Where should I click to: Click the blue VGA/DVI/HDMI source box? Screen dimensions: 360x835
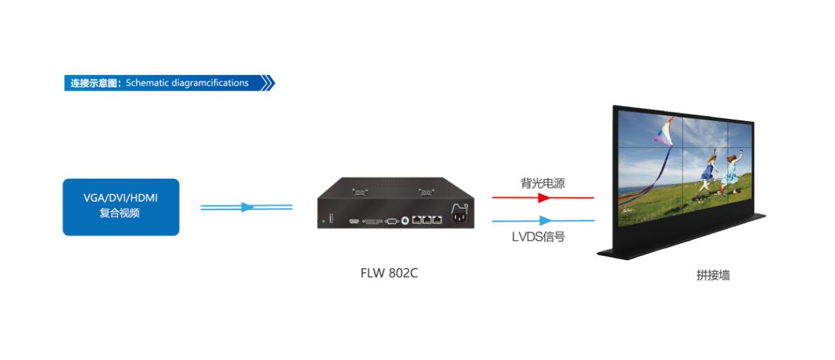pyautogui.click(x=121, y=207)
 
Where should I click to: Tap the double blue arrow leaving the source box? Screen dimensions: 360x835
pyautogui.click(x=247, y=207)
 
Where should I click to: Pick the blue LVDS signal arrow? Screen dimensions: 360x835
pyautogui.click(x=543, y=220)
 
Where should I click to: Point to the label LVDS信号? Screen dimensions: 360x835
pyautogui.click(x=538, y=236)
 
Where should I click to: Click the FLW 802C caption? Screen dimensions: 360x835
pyautogui.click(x=389, y=274)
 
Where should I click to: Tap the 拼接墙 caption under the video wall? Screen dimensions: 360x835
pyautogui.click(x=713, y=275)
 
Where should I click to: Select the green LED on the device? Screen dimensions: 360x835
pyautogui.click(x=324, y=220)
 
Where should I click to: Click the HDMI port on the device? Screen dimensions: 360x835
pyautogui.click(x=353, y=221)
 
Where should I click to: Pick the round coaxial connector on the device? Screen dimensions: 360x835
pyautogui.click(x=405, y=220)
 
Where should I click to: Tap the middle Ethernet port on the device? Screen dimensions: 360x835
pyautogui.click(x=427, y=220)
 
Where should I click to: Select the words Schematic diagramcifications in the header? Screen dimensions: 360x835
pyautogui.click(x=187, y=83)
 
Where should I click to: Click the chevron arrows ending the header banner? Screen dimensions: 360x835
pyautogui.click(x=268, y=83)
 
